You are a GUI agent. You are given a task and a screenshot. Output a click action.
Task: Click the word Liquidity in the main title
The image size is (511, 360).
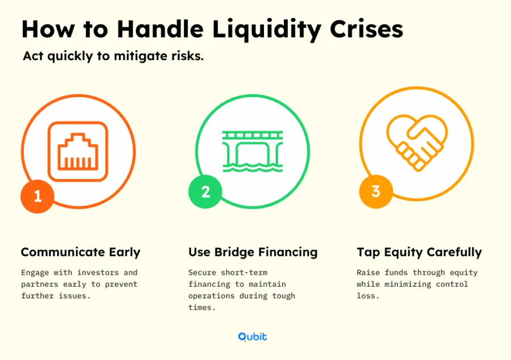pos(267,30)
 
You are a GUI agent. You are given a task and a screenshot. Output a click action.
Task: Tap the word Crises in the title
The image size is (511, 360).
pos(367,30)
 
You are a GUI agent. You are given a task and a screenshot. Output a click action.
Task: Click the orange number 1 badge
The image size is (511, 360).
pos(37,196)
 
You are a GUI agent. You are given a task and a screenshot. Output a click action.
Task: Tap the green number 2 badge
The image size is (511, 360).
pos(206,191)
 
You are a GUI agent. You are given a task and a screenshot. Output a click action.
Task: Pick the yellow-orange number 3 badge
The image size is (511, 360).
pos(376,191)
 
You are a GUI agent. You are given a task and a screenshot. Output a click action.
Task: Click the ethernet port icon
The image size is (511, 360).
pos(78,152)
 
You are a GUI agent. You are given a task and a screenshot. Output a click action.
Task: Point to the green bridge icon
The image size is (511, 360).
pos(253,151)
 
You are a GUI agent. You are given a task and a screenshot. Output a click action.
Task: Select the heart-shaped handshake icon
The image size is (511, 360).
pos(417,143)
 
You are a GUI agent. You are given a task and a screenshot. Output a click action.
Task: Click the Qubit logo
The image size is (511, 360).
pos(253,337)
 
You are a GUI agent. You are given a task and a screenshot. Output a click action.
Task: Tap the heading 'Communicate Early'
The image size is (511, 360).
pos(81,252)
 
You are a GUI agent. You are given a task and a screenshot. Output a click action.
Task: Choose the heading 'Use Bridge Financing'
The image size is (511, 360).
pos(253,253)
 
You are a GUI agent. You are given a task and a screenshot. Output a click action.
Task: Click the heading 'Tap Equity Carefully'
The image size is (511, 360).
pos(419,253)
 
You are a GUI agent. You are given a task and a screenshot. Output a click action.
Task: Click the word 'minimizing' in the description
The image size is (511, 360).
pos(408,284)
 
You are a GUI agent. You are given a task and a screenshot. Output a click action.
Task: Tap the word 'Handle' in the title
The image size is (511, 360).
pos(160,30)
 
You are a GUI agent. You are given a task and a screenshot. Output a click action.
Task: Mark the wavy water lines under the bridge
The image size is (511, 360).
pos(253,168)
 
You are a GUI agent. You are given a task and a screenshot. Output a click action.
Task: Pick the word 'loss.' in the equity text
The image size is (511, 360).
pos(368,296)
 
